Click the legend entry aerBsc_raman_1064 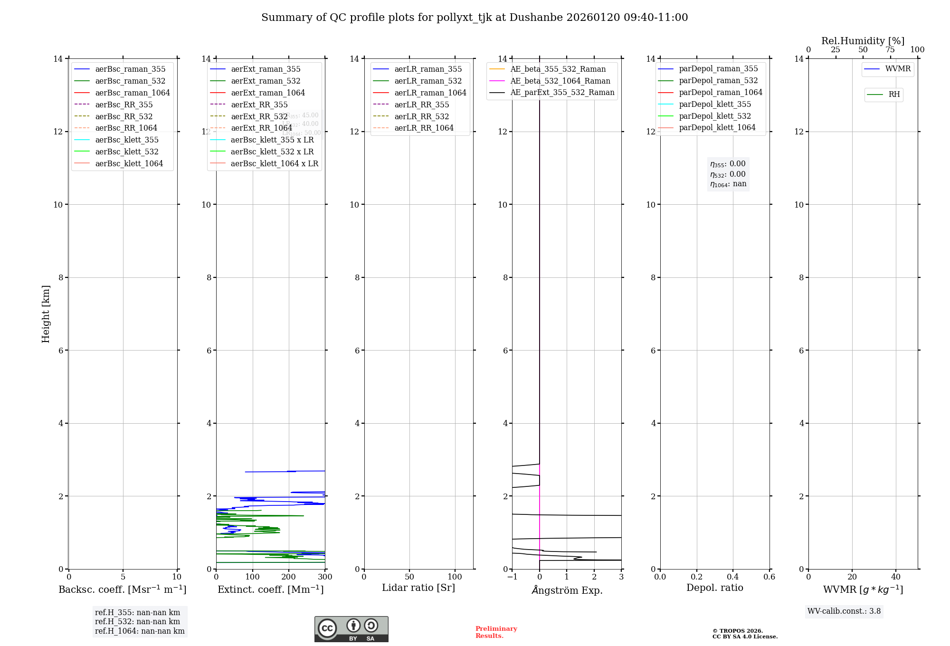tap(132, 93)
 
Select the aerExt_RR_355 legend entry tap(259, 104)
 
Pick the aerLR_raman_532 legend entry tap(427, 81)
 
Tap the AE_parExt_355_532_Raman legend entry tap(562, 92)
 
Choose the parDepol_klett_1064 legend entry tap(717, 127)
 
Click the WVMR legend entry tap(897, 69)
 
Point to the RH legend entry tap(893, 95)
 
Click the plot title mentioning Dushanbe tap(475, 18)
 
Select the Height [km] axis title tap(46, 313)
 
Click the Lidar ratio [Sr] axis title tap(418, 588)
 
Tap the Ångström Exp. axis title tap(567, 590)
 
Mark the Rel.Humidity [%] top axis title tap(863, 41)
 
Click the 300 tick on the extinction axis tap(325, 577)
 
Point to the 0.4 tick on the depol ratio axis tap(733, 577)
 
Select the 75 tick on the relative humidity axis tap(890, 50)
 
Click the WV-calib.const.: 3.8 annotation tap(844, 611)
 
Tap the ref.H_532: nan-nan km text tap(137, 621)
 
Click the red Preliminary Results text tap(496, 632)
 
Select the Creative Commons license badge tap(351, 629)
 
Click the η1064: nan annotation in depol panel tap(728, 184)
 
